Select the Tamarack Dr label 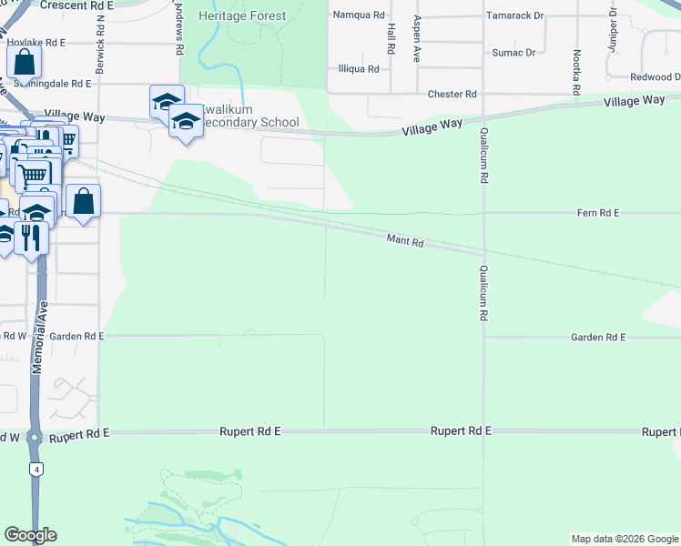(x=514, y=15)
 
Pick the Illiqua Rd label (x=358, y=67)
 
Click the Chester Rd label (x=452, y=94)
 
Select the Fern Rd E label (x=598, y=213)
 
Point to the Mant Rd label (x=405, y=241)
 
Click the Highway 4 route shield (x=36, y=470)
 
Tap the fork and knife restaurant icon (x=31, y=238)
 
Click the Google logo (x=30, y=535)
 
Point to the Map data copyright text (x=624, y=539)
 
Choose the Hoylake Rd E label (x=37, y=43)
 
